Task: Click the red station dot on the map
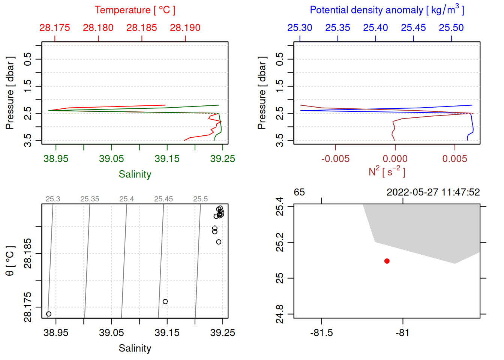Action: (x=387, y=261)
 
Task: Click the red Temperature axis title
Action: (x=135, y=10)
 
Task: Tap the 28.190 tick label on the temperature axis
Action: (x=185, y=28)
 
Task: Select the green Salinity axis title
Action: (x=135, y=174)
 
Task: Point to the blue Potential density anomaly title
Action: (x=387, y=10)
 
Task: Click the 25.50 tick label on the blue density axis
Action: (x=451, y=28)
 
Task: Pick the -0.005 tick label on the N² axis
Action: (x=335, y=159)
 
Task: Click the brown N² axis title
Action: (x=387, y=171)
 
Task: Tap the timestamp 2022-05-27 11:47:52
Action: (x=433, y=192)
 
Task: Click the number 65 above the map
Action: (x=299, y=192)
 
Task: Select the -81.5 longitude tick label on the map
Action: (x=321, y=333)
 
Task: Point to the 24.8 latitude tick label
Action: (x=280, y=314)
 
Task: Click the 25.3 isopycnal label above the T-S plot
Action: (x=53, y=199)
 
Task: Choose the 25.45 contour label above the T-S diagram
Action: (x=163, y=199)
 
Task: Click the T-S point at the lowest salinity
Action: (x=49, y=314)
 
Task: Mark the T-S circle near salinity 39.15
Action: (x=165, y=301)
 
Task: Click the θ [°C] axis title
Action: (x=10, y=261)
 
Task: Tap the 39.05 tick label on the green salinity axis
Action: (x=111, y=159)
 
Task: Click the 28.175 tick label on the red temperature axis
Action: (x=55, y=28)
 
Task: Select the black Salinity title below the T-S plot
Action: (x=135, y=348)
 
